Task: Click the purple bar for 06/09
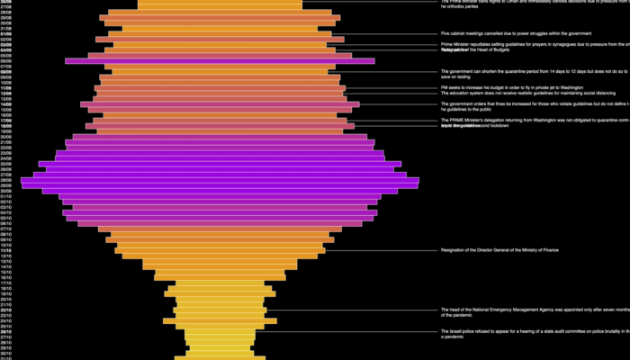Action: (x=220, y=60)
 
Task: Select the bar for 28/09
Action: (x=220, y=180)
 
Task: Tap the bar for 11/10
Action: (x=220, y=250)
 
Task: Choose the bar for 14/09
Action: (x=220, y=104)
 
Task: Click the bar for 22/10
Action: (x=220, y=310)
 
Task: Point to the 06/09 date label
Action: (x=5, y=60)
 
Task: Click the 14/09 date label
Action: (x=5, y=104)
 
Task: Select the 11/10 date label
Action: (x=5, y=250)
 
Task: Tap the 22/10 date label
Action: (x=5, y=310)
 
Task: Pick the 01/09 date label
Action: (x=5, y=33)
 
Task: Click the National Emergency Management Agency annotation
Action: (x=531, y=311)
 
